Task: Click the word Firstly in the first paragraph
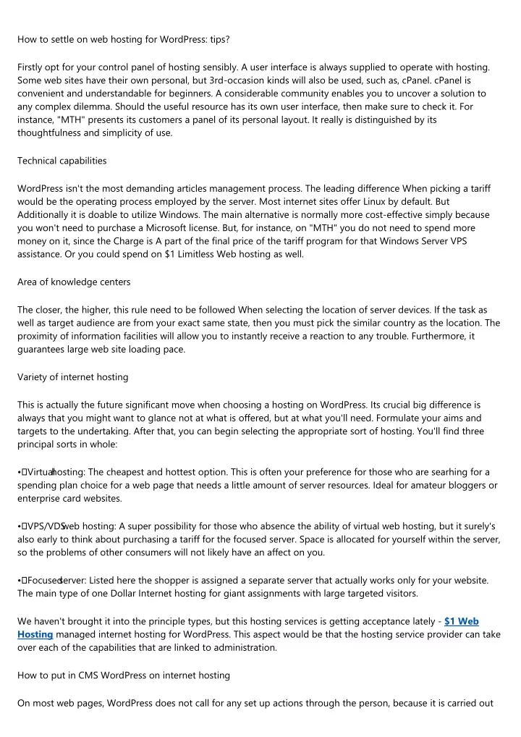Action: coord(32,67)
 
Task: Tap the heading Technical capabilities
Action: coord(62,160)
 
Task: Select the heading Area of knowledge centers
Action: coord(69,282)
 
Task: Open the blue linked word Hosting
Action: coord(35,634)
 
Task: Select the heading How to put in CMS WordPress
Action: coord(124,675)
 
